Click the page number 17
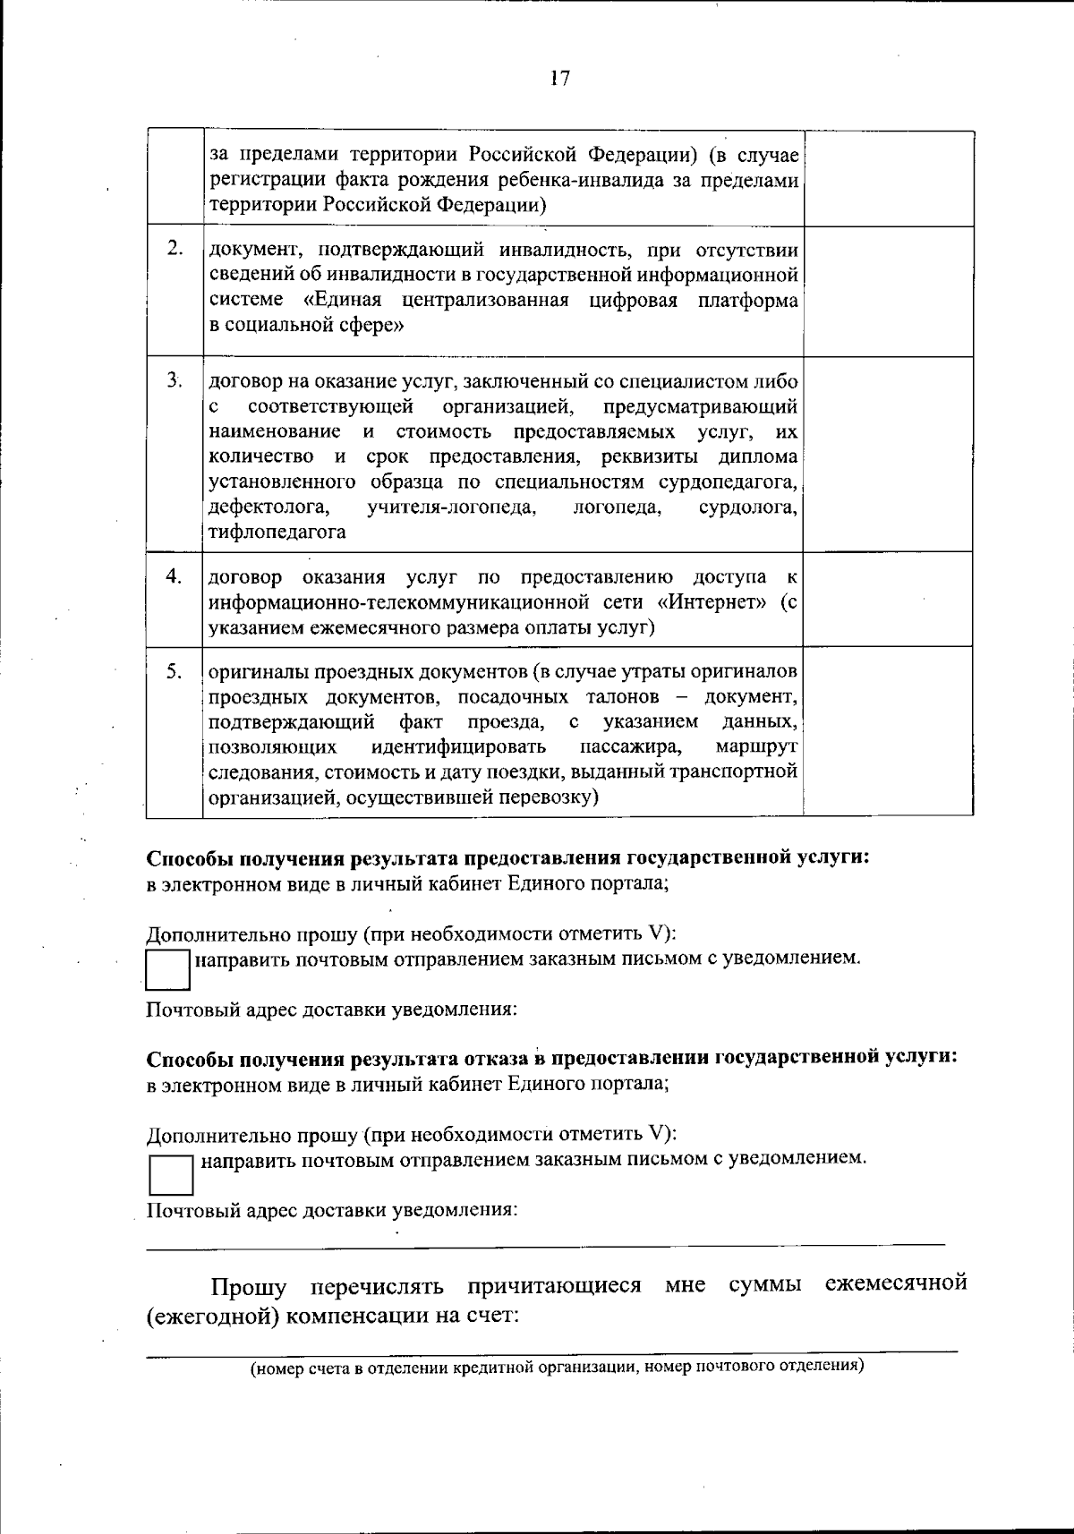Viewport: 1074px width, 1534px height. coord(559,79)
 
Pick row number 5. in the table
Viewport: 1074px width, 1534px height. coord(175,670)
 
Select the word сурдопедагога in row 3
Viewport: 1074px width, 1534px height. coord(728,482)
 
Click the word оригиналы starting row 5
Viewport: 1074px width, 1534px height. coord(251,671)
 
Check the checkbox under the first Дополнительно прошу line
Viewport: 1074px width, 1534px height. coord(167,969)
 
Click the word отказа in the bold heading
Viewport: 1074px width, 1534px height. coord(497,1058)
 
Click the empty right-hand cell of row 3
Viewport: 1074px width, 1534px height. coord(888,454)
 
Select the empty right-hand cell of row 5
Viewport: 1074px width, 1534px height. coord(888,731)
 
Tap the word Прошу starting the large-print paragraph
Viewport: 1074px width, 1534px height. coord(249,1287)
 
